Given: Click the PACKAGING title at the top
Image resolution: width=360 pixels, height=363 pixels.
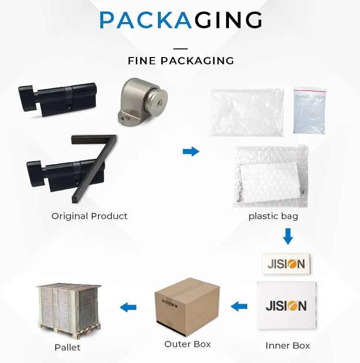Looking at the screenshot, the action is click(x=180, y=21).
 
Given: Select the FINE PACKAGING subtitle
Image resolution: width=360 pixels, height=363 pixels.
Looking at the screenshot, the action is click(x=180, y=61).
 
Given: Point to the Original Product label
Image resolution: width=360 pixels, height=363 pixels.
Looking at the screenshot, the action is click(x=89, y=216).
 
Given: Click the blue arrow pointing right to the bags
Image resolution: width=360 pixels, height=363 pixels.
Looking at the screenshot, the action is click(x=191, y=152).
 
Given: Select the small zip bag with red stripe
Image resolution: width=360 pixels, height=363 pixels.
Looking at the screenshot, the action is click(x=310, y=110).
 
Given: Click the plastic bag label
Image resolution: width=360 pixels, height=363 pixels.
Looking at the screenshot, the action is click(x=273, y=216).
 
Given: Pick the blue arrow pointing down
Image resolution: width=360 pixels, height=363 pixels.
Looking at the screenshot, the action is click(x=288, y=236).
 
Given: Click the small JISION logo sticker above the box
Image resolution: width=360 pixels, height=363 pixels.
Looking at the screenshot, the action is click(x=286, y=264).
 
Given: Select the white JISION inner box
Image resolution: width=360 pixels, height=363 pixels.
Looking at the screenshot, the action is click(x=287, y=304).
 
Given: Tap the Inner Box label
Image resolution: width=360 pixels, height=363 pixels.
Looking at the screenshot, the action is click(x=288, y=345).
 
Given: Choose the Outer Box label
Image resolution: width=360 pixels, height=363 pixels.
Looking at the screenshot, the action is click(x=187, y=344).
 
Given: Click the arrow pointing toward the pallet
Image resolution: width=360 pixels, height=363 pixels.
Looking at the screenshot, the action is click(x=128, y=307).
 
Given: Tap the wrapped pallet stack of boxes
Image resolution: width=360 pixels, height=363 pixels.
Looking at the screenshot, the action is click(x=70, y=307).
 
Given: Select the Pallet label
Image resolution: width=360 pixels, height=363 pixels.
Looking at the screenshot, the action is click(x=67, y=347).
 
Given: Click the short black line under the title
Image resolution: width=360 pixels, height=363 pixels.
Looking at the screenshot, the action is click(x=180, y=48).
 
